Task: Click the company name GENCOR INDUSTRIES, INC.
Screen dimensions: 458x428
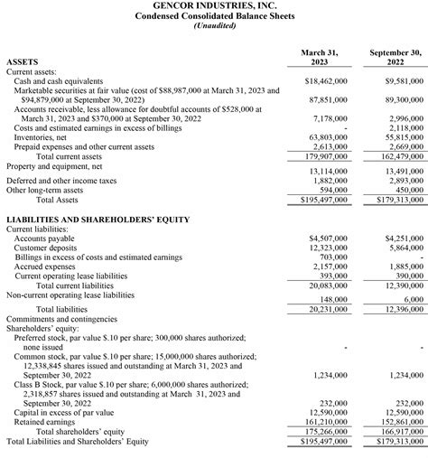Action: (x=214, y=5)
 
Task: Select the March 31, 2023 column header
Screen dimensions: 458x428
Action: (x=319, y=59)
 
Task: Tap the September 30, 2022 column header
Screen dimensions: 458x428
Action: (x=395, y=59)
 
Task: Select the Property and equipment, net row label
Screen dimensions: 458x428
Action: (x=54, y=167)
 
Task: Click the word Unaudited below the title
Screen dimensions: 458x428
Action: (x=214, y=26)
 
